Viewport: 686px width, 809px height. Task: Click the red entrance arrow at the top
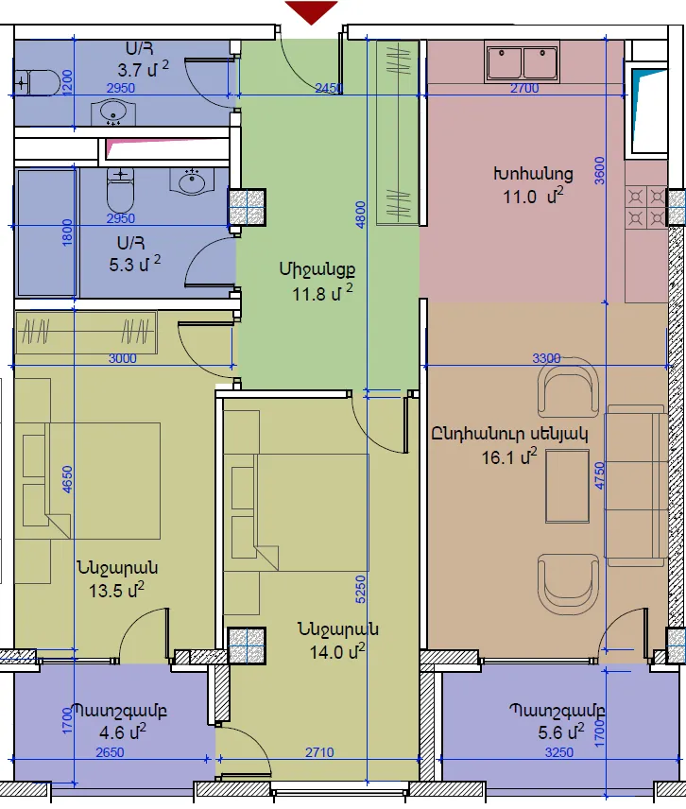pyautogui.click(x=311, y=11)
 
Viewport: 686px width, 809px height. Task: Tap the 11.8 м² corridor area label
pyautogui.click(x=323, y=294)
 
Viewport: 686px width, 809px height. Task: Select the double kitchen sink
pyautogui.click(x=522, y=62)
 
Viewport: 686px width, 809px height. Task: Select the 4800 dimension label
pyautogui.click(x=361, y=215)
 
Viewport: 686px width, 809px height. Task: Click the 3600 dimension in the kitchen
pyautogui.click(x=599, y=170)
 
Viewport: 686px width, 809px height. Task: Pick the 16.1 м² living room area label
pyautogui.click(x=509, y=456)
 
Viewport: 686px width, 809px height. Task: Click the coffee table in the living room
pyautogui.click(x=567, y=486)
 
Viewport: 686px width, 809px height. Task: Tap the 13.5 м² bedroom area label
pyautogui.click(x=116, y=590)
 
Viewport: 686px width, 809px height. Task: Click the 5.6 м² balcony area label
pyautogui.click(x=561, y=732)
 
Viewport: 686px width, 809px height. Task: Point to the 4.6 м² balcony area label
pyautogui.click(x=123, y=732)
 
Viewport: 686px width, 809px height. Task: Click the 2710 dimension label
pyautogui.click(x=319, y=752)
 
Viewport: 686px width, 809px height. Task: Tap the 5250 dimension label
pyautogui.click(x=361, y=589)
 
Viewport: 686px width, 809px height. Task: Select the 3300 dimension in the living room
pyautogui.click(x=546, y=358)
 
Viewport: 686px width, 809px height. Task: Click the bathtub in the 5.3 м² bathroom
pyautogui.click(x=47, y=232)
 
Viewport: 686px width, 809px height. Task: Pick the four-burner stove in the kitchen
pyautogui.click(x=645, y=208)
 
